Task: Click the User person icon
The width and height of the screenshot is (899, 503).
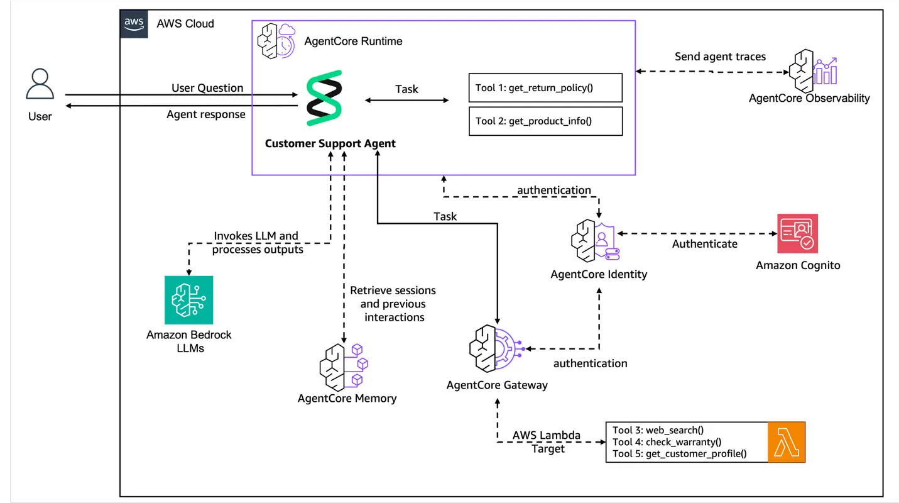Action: click(40, 84)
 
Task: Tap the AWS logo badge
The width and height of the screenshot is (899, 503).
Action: click(134, 24)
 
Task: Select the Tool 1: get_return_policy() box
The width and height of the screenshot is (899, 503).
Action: click(545, 87)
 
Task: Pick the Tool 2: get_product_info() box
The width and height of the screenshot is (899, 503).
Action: click(545, 121)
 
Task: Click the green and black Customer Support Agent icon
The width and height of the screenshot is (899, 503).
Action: click(324, 99)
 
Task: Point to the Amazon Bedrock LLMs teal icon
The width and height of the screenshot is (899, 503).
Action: click(188, 300)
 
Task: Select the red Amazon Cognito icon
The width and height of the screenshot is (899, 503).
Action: click(797, 234)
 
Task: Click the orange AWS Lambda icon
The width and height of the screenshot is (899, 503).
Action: click(786, 442)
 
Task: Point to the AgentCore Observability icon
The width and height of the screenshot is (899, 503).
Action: click(815, 68)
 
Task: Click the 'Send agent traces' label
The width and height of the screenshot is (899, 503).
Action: click(720, 57)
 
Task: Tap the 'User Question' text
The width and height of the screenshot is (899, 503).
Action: click(207, 88)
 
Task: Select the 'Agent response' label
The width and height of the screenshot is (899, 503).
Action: click(205, 114)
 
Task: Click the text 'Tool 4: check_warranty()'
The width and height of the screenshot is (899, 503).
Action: click(667, 442)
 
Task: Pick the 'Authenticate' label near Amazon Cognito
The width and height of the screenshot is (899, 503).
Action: click(704, 244)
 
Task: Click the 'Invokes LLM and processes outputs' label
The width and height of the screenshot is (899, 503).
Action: click(257, 243)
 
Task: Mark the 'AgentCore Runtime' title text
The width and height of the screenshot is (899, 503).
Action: click(353, 41)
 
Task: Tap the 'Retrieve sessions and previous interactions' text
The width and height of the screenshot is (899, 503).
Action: click(393, 304)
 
